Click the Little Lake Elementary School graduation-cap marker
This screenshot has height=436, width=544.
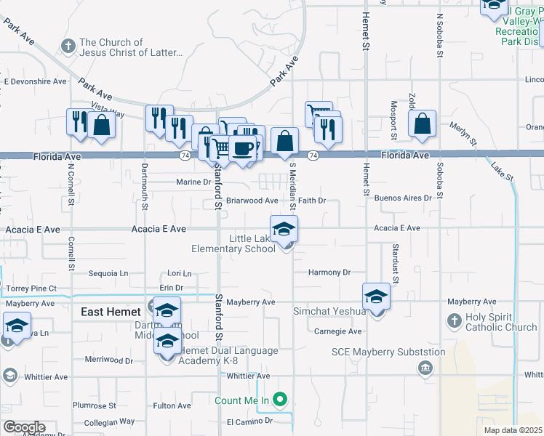(x=284, y=230)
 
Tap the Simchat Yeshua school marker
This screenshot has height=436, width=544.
(x=376, y=297)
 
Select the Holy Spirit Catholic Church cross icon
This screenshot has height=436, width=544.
(x=454, y=320)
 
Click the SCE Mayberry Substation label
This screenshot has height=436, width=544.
(x=388, y=352)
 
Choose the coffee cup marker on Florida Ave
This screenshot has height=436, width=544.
(x=243, y=149)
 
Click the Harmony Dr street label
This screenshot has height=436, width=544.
(x=329, y=272)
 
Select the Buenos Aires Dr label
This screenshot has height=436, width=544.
(x=403, y=198)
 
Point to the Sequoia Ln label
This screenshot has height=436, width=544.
(x=108, y=274)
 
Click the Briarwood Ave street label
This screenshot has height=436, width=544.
(x=252, y=201)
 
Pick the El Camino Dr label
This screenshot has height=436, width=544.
(x=249, y=421)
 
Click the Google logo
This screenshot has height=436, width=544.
(x=24, y=427)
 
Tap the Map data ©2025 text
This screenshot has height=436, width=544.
(x=512, y=430)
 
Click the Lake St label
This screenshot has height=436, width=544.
(x=502, y=172)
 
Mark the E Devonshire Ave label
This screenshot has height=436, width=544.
(x=35, y=81)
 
